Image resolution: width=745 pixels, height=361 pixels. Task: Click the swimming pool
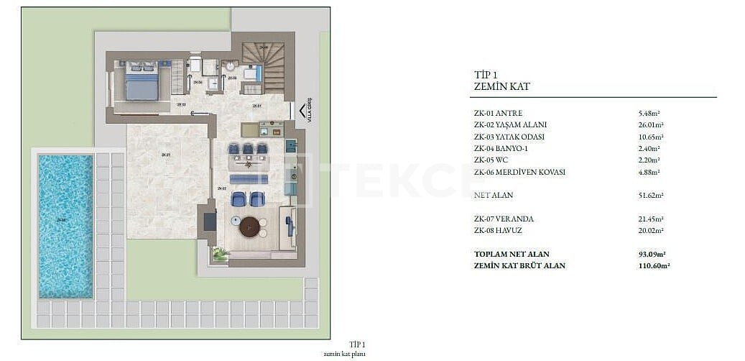coord(65,226)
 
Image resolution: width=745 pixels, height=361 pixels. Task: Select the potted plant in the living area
coord(220,253)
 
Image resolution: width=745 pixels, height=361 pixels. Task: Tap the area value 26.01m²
coord(650,125)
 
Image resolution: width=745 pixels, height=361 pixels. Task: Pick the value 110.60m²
coord(654,266)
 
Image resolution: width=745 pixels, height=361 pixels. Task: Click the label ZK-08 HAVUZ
coord(498,231)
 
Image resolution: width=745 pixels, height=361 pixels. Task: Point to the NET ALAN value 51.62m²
coord(650,196)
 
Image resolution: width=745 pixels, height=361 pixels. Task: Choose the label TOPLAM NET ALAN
coord(512,255)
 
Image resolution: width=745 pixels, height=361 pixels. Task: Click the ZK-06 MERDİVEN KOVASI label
coord(519,173)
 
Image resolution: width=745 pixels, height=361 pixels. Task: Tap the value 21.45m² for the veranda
coord(650,219)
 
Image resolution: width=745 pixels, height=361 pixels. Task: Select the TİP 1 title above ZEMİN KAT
coord(486,74)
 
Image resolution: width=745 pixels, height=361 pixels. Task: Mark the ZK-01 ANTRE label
coord(498,114)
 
